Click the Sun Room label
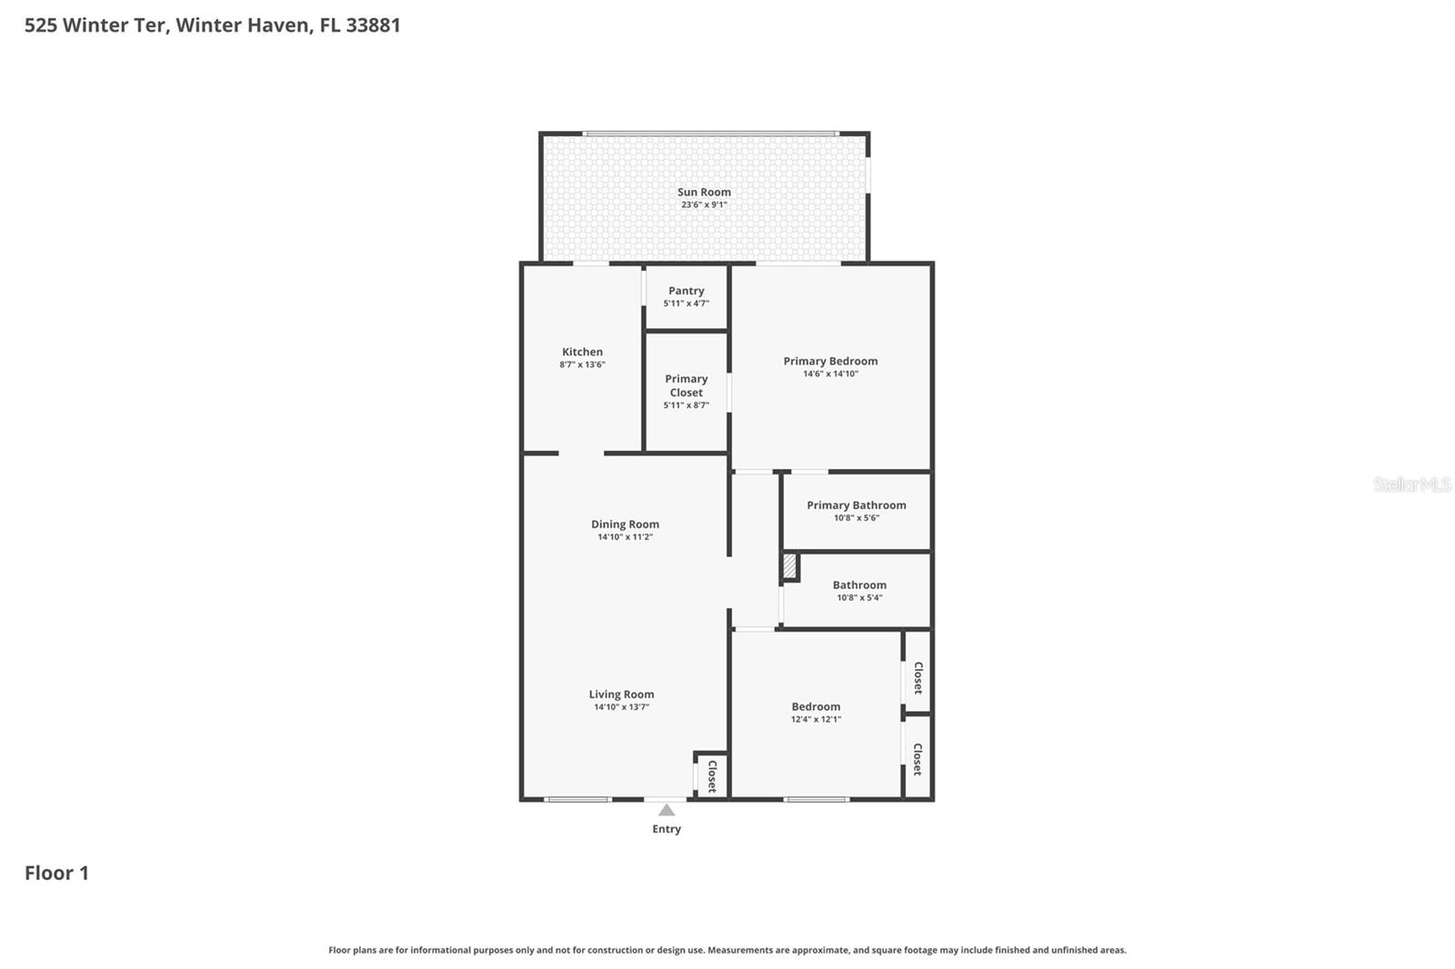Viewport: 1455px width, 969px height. click(x=704, y=192)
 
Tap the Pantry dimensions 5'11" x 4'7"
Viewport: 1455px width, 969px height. click(x=686, y=304)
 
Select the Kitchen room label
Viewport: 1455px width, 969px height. click(x=582, y=352)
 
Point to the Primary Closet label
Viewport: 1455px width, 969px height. click(x=686, y=385)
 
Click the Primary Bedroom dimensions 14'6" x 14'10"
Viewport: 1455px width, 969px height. click(x=830, y=374)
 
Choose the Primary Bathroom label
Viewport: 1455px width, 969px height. click(x=856, y=505)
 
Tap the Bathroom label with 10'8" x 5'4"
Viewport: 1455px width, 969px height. click(x=858, y=585)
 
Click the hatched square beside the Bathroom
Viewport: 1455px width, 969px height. click(x=789, y=567)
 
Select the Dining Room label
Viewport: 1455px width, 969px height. click(x=625, y=524)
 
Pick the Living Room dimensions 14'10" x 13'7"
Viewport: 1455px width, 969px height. click(x=621, y=707)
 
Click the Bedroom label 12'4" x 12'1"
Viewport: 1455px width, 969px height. click(x=816, y=706)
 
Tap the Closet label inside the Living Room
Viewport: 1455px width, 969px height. click(x=712, y=776)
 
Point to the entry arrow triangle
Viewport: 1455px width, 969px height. click(x=667, y=810)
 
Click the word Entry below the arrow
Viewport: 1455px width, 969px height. click(x=667, y=829)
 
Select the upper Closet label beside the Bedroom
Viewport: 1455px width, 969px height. click(x=918, y=677)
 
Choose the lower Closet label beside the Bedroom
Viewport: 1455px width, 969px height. click(x=918, y=759)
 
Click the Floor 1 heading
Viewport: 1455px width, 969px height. click(x=56, y=873)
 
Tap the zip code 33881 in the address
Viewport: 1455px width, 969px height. click(x=373, y=25)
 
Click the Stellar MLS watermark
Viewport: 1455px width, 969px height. click(x=1411, y=484)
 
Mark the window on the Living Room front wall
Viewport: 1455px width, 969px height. click(x=577, y=800)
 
